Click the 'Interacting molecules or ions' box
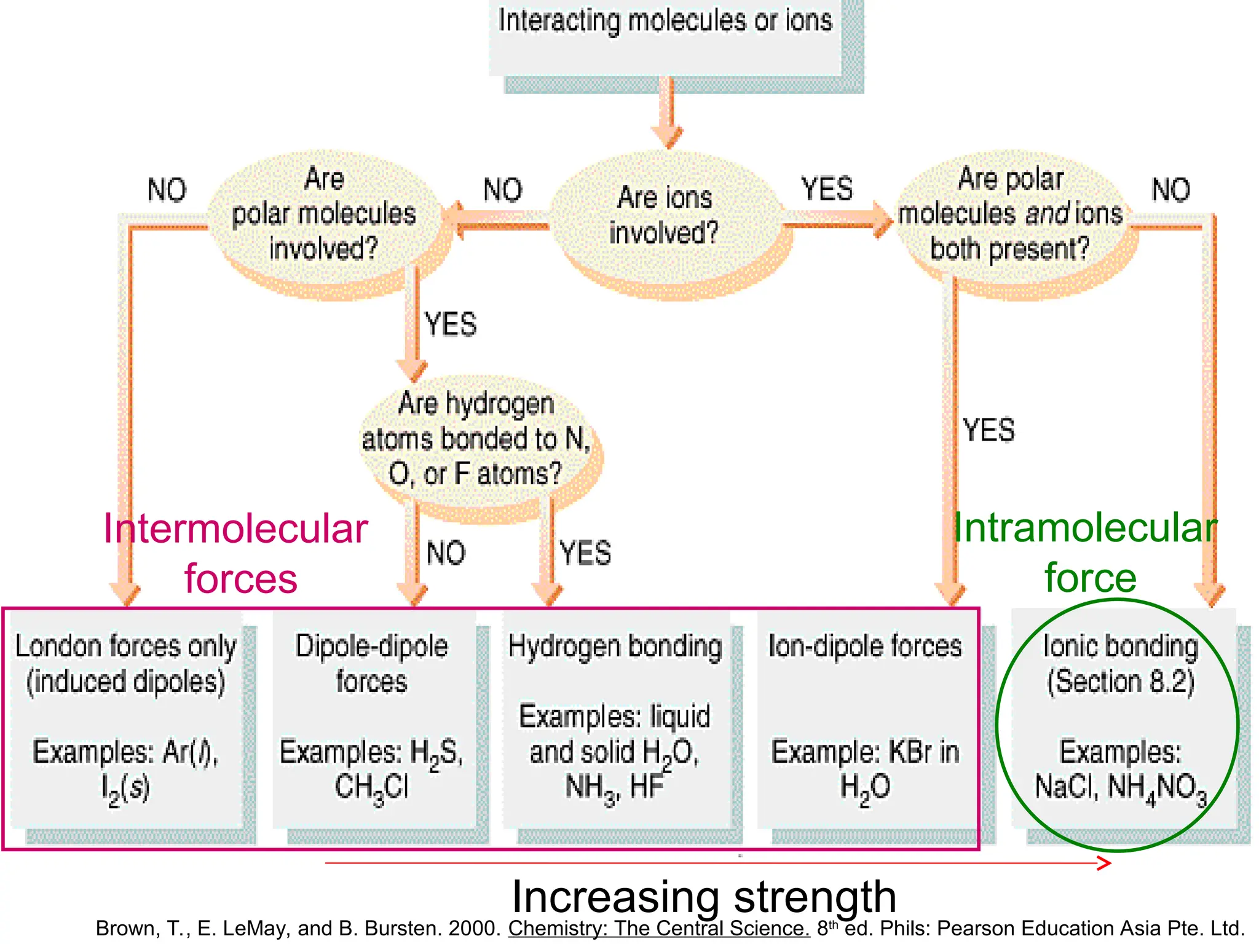[x=665, y=37]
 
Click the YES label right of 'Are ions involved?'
[x=827, y=189]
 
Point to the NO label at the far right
[x=1170, y=190]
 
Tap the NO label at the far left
[x=167, y=190]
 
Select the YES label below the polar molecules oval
[x=451, y=324]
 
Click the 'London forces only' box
[x=126, y=716]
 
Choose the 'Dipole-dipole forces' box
[x=372, y=716]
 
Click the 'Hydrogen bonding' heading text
[x=615, y=647]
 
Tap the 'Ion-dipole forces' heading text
[x=865, y=647]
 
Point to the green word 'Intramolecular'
[x=1085, y=529]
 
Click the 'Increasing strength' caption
[x=704, y=897]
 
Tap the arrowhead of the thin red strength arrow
[x=1105, y=863]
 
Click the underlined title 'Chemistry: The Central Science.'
[x=659, y=928]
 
